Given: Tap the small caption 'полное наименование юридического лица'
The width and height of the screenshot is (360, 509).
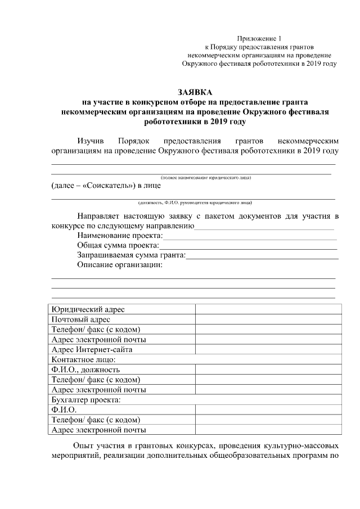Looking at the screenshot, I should pyautogui.click(x=205, y=178).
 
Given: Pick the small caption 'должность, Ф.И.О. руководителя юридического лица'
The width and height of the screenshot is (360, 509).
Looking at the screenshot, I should pyautogui.click(x=196, y=202).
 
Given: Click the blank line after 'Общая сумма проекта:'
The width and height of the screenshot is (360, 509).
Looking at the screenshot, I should pyautogui.click(x=248, y=246).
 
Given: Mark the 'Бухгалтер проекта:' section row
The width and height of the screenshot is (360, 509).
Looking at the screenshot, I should pyautogui.click(x=86, y=400).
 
